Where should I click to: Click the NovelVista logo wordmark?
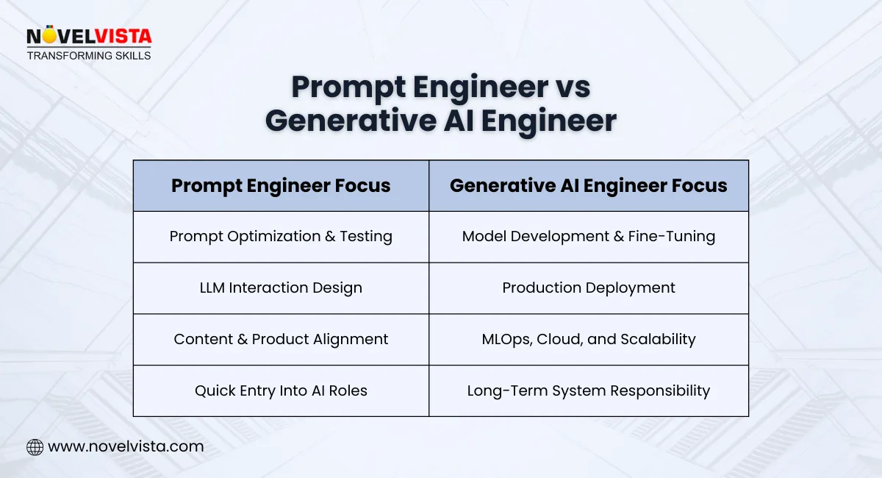pos(88,37)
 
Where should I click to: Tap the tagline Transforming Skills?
pos(88,55)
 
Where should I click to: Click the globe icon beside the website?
pos(35,446)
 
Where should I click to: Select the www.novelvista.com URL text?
pos(126,446)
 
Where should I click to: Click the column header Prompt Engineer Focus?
pos(281,185)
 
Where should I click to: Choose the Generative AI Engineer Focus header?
pos(588,185)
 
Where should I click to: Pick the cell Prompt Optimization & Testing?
pos(281,236)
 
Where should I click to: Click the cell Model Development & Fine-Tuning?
pos(588,236)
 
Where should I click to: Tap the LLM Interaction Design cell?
pos(281,288)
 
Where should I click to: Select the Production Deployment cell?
pos(588,288)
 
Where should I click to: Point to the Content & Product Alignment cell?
pos(281,339)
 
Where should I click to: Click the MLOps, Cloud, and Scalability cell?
pos(588,339)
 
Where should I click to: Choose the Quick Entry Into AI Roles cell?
pos(281,390)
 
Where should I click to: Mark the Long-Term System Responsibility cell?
pos(588,390)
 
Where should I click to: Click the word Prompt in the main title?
pos(348,88)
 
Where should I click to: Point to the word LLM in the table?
pos(212,288)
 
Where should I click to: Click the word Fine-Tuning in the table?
pos(673,236)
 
